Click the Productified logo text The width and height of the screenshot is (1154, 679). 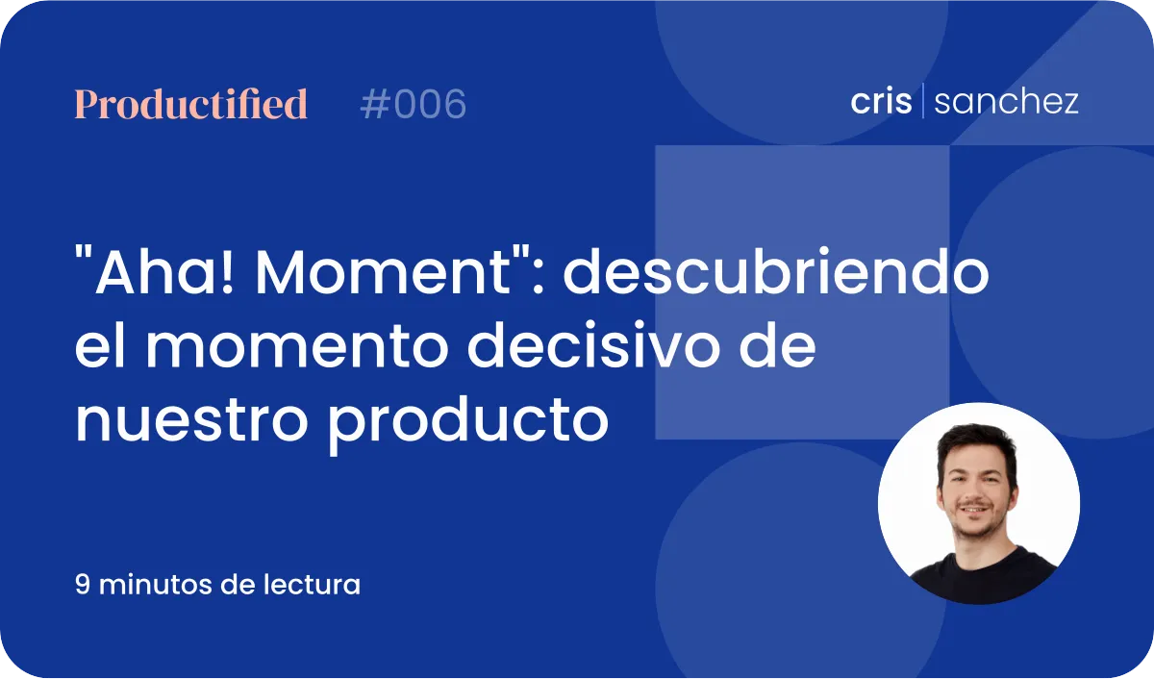click(191, 104)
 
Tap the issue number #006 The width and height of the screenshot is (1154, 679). click(414, 104)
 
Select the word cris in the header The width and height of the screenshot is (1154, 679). click(881, 101)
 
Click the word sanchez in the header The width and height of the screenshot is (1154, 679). click(1006, 101)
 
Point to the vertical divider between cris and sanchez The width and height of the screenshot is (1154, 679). click(922, 100)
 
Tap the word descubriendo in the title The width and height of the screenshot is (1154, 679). click(776, 271)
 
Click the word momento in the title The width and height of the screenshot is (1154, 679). click(297, 346)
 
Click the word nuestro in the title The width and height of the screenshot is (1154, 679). click(191, 421)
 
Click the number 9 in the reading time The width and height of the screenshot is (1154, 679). click(83, 584)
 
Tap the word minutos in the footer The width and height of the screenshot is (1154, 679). click(155, 584)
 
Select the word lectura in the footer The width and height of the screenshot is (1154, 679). click(312, 584)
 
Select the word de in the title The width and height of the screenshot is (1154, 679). click(777, 344)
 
